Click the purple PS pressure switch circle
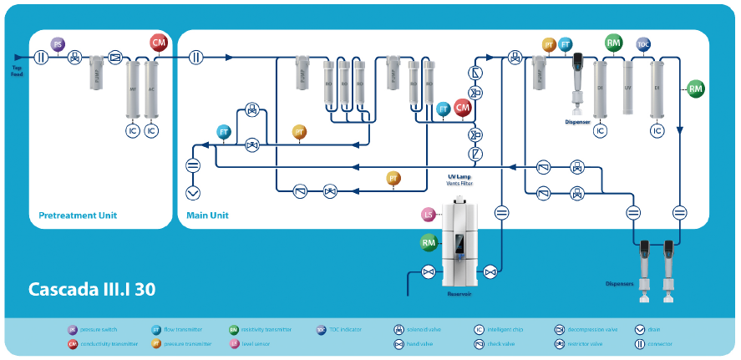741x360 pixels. pos(58,44)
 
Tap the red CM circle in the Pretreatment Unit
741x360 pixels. pos(159,42)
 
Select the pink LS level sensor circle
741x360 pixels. pos(429,215)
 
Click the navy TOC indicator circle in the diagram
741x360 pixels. pos(643,44)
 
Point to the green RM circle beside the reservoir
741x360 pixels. pos(429,242)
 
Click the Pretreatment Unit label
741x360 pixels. pos(78,215)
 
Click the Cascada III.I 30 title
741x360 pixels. pos(92,290)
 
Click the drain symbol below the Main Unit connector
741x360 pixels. pos(193,193)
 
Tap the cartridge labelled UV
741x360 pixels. pos(628,88)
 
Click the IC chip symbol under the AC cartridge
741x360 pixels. pos(152,131)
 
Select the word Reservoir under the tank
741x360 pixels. pos(459,294)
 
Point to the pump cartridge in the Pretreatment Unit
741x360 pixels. pos(96,73)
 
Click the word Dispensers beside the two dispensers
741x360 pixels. pos(620,282)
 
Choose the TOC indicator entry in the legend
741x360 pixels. pos(343,330)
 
